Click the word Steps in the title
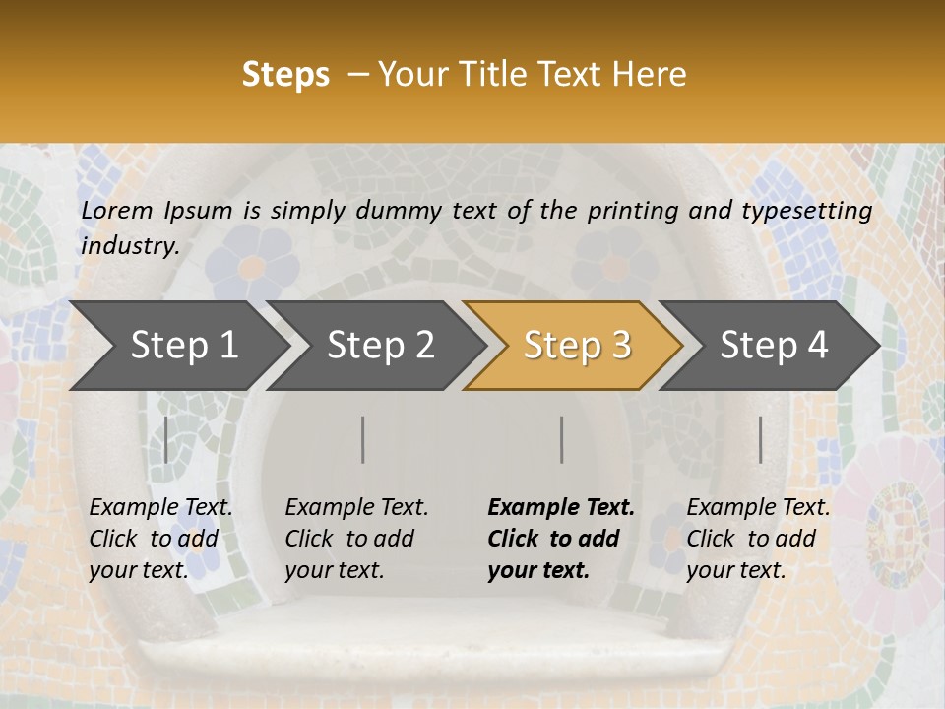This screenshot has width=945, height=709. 285,75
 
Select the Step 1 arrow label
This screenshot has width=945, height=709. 184,346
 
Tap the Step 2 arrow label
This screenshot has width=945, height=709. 381,346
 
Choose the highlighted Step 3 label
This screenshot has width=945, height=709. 577,346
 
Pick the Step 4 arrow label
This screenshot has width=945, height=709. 774,346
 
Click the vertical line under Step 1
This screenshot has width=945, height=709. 165,439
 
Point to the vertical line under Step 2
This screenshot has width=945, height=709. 363,439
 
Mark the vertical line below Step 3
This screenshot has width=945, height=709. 562,439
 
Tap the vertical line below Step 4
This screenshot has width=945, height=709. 760,439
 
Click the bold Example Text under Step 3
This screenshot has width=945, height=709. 561,508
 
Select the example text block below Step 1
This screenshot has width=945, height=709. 160,539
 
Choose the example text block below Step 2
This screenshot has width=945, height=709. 356,539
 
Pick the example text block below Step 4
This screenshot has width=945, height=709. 758,539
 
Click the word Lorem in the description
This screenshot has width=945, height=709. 117,211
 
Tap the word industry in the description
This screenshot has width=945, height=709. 130,246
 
